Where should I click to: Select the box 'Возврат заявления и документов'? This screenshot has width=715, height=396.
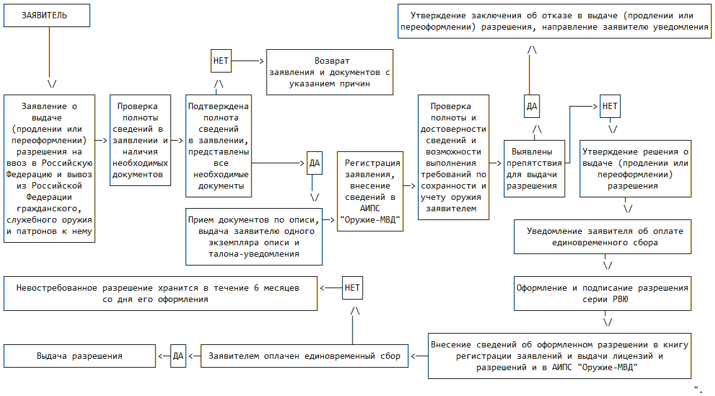click(330, 72)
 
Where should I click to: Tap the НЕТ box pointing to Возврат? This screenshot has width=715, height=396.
click(221, 61)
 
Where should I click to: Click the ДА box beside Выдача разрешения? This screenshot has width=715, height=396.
click(178, 356)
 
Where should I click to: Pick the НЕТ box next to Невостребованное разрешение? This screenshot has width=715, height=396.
click(352, 288)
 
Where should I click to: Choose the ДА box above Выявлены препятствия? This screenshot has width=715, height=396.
click(532, 107)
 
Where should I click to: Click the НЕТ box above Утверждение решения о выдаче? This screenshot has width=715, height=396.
click(610, 107)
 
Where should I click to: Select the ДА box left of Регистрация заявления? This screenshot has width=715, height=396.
click(315, 163)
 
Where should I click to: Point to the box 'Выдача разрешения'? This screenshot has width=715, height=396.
click(80, 356)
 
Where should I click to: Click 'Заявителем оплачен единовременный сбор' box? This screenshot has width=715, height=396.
click(304, 356)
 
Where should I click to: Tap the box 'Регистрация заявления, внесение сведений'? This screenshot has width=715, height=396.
click(372, 191)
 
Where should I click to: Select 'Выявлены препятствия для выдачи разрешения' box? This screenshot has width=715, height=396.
click(534, 168)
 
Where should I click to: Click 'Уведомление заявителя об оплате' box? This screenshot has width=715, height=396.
click(605, 236)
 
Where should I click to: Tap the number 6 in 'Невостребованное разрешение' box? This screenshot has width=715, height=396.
click(256, 288)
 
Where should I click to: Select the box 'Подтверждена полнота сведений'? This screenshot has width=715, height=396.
click(219, 146)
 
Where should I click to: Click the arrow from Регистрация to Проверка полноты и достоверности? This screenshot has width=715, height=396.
click(410, 187)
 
